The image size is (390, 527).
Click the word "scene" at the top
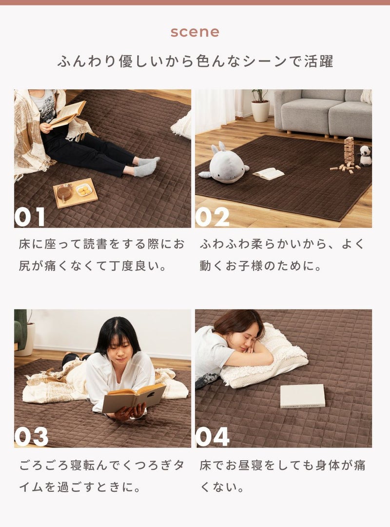[195, 32]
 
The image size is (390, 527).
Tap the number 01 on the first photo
[30, 217]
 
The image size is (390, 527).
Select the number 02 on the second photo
[212, 217]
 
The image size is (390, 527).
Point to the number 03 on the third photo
[31, 437]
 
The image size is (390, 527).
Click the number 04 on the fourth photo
[213, 437]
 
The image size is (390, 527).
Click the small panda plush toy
[365, 156]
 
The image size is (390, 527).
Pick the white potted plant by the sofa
[260, 105]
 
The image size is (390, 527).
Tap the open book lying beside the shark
[269, 174]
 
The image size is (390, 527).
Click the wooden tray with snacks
[75, 193]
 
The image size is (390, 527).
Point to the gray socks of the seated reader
[146, 166]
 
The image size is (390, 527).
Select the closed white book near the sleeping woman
[303, 396]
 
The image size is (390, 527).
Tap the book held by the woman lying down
[134, 398]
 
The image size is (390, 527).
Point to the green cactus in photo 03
[20, 329]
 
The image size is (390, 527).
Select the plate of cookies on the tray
[84, 191]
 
